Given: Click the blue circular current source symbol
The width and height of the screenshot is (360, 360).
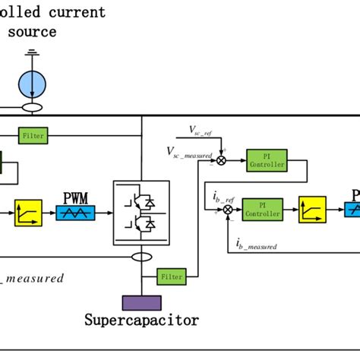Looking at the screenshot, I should point(33,81).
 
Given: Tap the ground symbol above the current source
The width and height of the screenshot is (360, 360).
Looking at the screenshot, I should point(33,54).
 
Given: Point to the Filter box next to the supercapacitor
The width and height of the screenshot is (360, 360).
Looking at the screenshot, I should point(172,277).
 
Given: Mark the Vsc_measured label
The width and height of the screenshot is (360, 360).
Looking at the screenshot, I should point(190,151).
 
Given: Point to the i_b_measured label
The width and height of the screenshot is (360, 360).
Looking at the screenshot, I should point(256,244).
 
